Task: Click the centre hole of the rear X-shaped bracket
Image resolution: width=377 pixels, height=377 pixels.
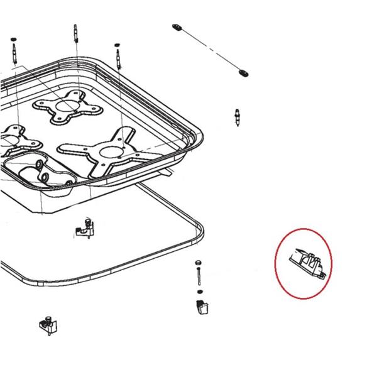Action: pyautogui.click(x=65, y=106)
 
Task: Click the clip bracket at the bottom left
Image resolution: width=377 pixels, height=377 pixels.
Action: pyautogui.click(x=48, y=324)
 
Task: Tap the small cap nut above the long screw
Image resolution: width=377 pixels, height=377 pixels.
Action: pyautogui.click(x=198, y=261)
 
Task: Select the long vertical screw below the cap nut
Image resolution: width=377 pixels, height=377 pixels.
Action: pyautogui.click(x=199, y=277)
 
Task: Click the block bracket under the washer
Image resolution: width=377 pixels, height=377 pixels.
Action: pyautogui.click(x=199, y=306)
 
